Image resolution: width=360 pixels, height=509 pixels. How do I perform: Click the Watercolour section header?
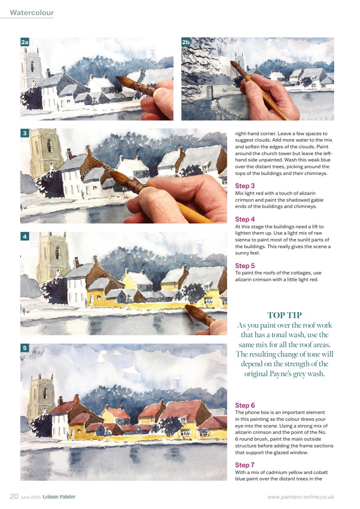click(32, 13)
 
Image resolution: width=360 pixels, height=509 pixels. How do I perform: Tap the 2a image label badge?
click(25, 42)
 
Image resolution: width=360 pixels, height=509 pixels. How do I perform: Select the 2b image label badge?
click(186, 42)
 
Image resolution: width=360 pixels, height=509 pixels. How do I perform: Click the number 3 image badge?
click(25, 133)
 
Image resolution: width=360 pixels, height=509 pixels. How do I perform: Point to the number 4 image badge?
click(25, 237)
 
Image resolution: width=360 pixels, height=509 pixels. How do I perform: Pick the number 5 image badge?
click(25, 348)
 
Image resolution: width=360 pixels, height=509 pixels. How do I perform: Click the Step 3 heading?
click(245, 186)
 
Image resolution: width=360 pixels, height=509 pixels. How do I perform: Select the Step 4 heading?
click(245, 219)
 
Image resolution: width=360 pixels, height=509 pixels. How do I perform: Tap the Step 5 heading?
click(245, 266)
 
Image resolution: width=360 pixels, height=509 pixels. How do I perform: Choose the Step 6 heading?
click(245, 405)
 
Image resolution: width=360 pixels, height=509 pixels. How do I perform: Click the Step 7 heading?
click(245, 465)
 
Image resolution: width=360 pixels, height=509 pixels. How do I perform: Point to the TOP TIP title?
click(284, 315)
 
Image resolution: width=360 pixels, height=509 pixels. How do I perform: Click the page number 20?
click(14, 496)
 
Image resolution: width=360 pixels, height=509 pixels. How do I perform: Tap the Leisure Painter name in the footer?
click(59, 497)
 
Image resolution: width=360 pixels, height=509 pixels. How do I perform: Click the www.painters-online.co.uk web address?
click(301, 497)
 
